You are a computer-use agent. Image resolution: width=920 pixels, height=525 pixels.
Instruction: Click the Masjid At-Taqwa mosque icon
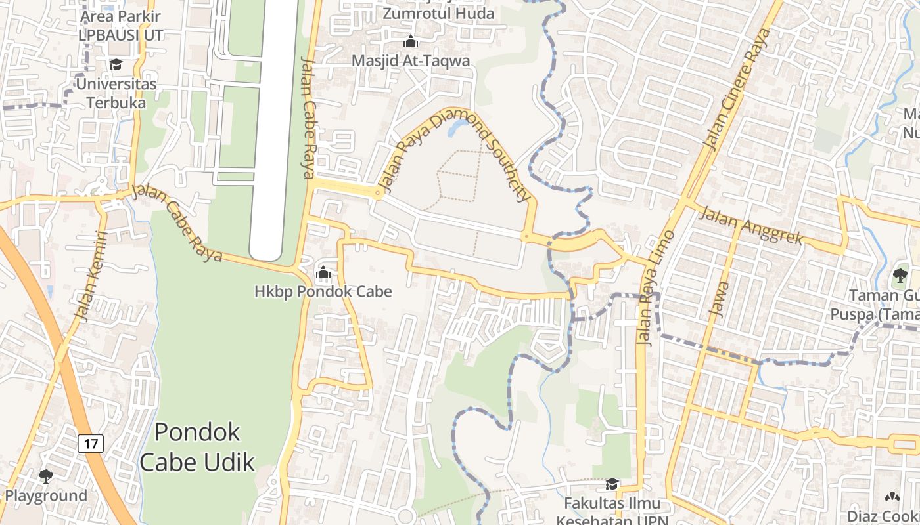pyautogui.click(x=411, y=42)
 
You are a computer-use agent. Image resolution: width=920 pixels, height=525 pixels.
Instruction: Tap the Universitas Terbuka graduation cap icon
pyautogui.click(x=116, y=64)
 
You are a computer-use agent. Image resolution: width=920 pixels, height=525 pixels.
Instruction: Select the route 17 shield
pyautogui.click(x=91, y=444)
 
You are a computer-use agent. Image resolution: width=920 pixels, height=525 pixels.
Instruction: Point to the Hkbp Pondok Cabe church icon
pyautogui.click(x=323, y=272)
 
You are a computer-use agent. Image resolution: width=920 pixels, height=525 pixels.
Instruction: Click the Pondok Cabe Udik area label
pyautogui.click(x=197, y=447)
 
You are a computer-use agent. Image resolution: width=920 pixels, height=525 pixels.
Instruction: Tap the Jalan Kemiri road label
pyautogui.click(x=91, y=276)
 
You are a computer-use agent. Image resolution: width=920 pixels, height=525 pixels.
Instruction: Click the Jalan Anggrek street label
pyautogui.click(x=750, y=225)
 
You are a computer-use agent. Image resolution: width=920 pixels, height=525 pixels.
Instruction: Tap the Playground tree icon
pyautogui.click(x=45, y=476)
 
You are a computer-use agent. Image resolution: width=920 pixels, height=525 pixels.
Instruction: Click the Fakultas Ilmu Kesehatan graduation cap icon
pyautogui.click(x=612, y=484)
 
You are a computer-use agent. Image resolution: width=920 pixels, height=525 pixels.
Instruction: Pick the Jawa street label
pyautogui.click(x=721, y=299)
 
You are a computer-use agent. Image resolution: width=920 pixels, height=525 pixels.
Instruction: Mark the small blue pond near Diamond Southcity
pyautogui.click(x=454, y=129)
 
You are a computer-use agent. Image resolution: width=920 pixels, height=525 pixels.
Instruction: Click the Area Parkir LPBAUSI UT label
pyautogui.click(x=121, y=24)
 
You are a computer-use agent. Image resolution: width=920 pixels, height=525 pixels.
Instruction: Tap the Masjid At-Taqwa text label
pyautogui.click(x=411, y=60)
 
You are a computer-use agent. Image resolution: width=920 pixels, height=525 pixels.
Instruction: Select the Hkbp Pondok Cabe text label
pyautogui.click(x=323, y=291)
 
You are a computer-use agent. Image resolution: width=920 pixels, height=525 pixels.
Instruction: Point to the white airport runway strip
pyautogui.click(x=273, y=131)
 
